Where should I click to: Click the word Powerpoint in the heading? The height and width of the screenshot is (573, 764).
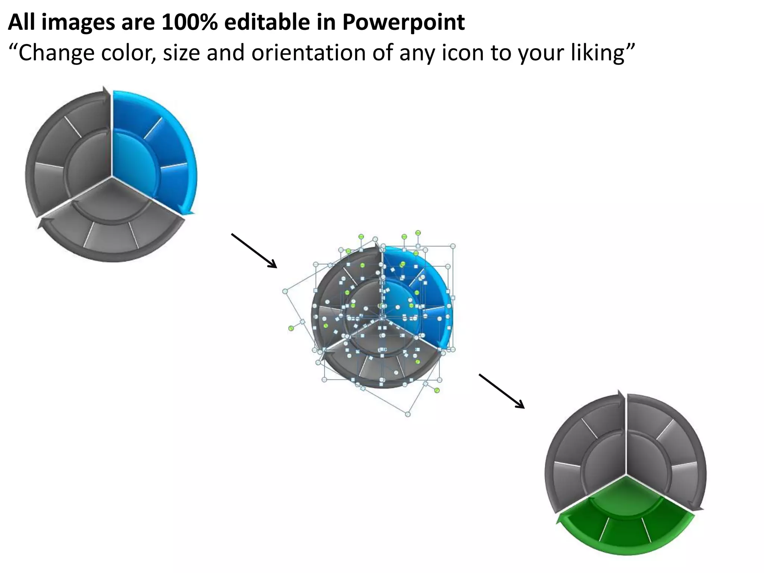[403, 22]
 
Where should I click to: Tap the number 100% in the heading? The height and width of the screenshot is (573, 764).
[190, 22]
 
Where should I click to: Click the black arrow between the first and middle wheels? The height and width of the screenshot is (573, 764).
[254, 251]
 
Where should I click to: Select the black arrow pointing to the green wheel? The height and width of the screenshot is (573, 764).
[502, 391]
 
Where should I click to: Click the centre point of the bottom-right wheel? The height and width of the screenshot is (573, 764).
[626, 476]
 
